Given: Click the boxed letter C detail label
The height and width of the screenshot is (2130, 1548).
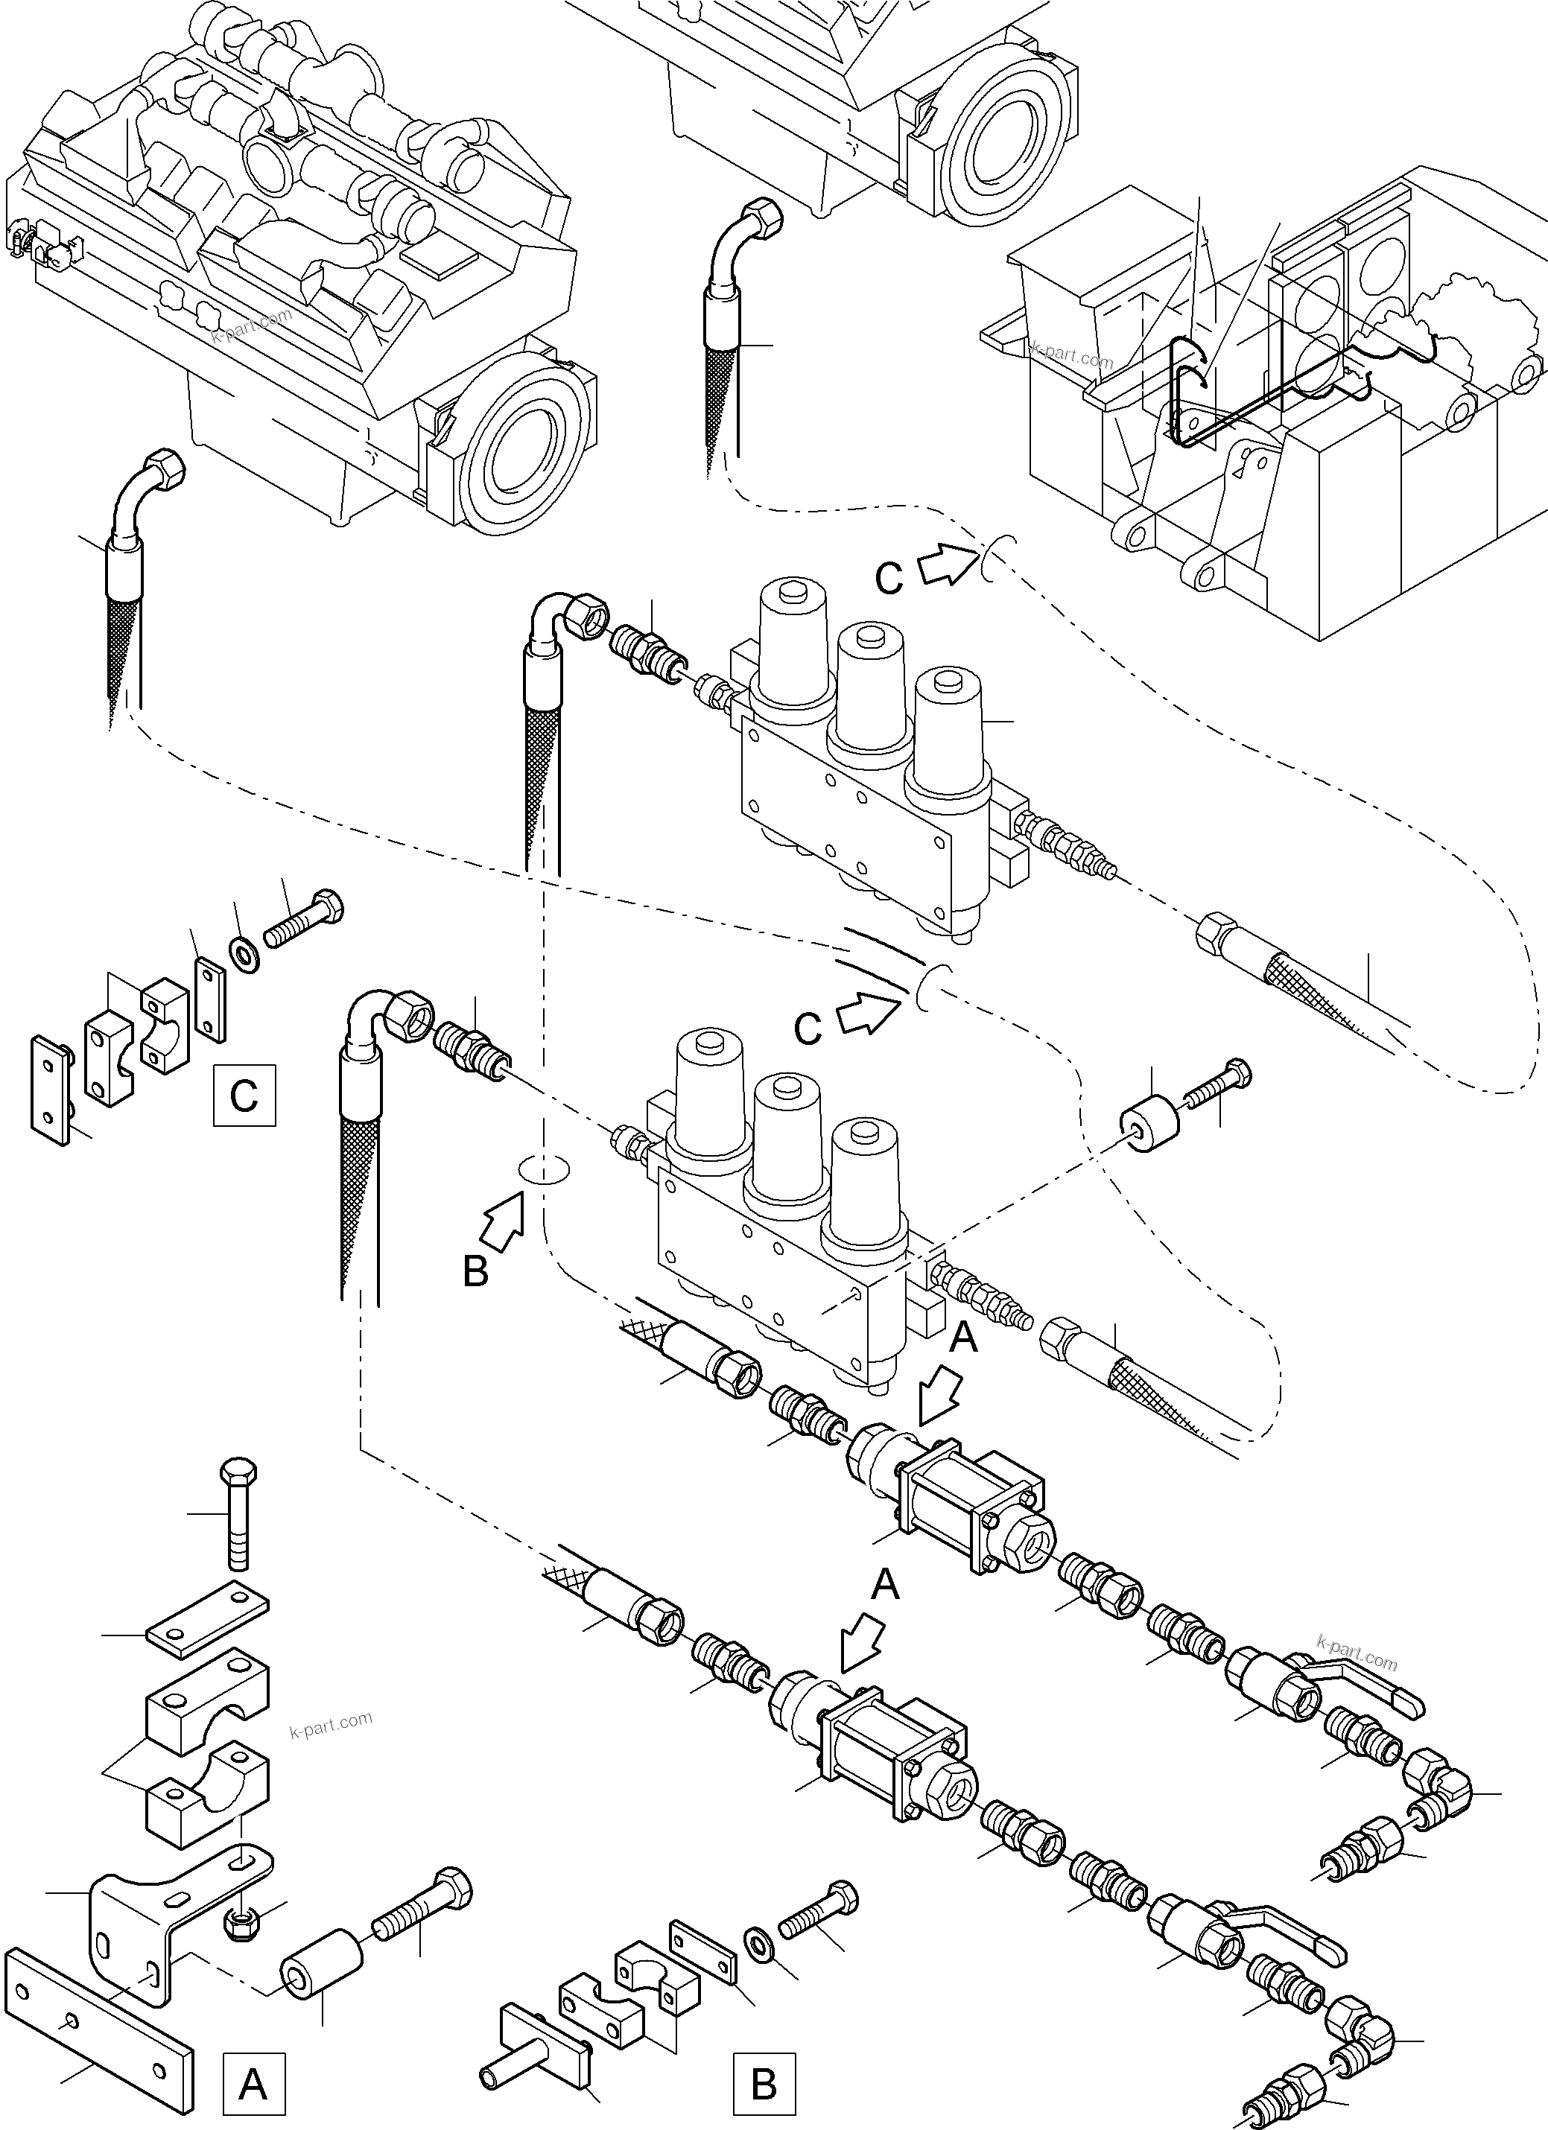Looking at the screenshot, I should pyautogui.click(x=244, y=1095).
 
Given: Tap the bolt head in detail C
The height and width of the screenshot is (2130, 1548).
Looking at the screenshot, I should pyautogui.click(x=329, y=906).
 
